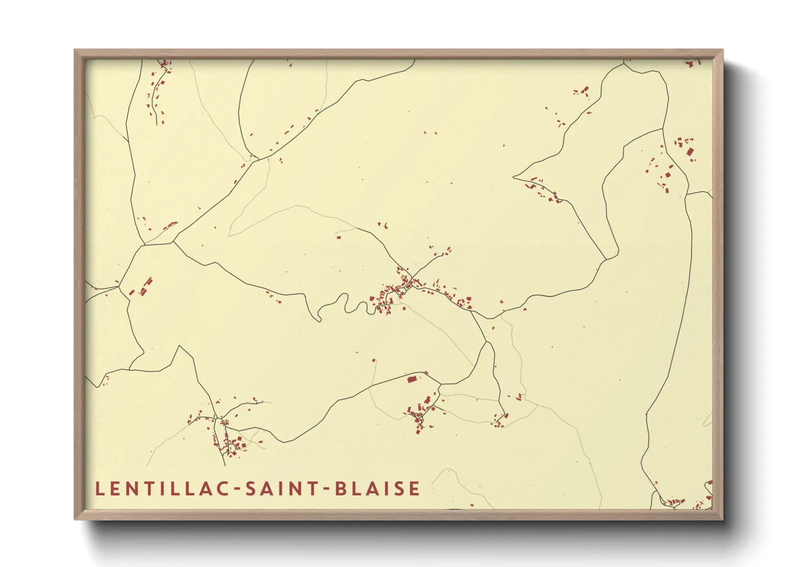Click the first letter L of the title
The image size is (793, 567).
point(99,489)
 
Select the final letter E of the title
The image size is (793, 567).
point(414,489)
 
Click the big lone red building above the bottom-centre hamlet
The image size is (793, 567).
point(412,379)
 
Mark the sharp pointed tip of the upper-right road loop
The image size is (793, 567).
point(514,176)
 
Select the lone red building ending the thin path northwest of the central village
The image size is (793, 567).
point(339,236)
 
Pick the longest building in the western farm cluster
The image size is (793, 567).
point(148,282)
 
